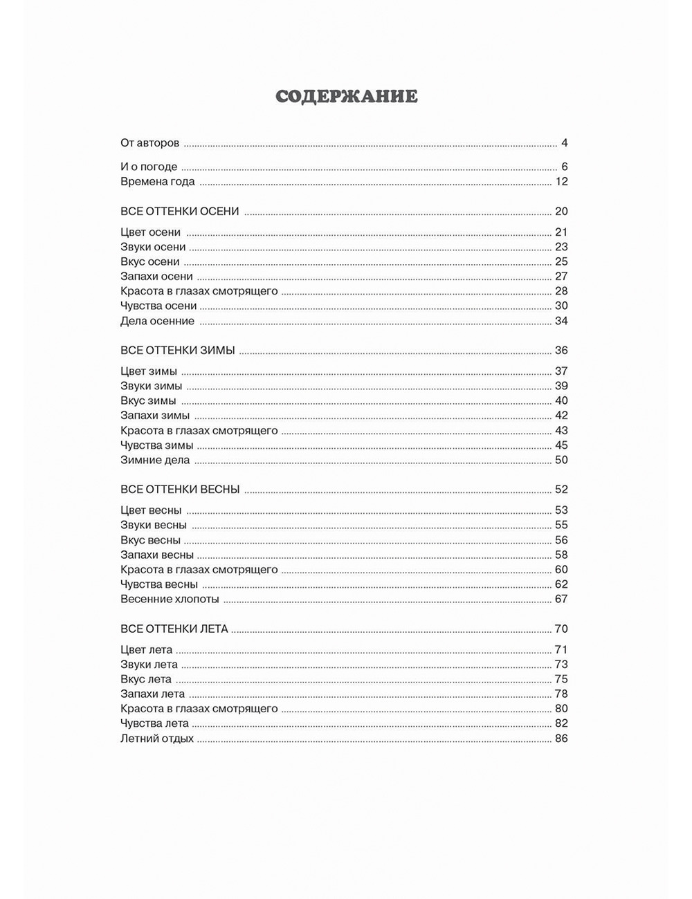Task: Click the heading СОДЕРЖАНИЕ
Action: coord(346,96)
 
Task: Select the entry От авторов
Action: coord(149,143)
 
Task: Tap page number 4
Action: coord(564,143)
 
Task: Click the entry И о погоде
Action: coord(149,167)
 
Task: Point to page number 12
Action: coord(561,182)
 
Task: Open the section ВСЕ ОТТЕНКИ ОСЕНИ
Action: coord(179,212)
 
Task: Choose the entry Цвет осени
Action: coord(150,232)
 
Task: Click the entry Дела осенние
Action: coord(157,321)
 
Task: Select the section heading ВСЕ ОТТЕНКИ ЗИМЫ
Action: coord(177,351)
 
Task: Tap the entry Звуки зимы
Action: coord(151,386)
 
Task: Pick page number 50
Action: coord(561,460)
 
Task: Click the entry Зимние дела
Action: coord(154,460)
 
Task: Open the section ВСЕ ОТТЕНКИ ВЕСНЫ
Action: coord(180,490)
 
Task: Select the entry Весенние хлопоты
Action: coord(170,599)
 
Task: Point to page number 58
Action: coord(561,555)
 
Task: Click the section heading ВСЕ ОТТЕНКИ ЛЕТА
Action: coord(174,629)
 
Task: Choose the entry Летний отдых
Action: coord(157,739)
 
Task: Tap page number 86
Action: coord(561,739)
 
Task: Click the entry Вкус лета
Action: coord(145,679)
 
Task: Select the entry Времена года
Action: coord(157,182)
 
